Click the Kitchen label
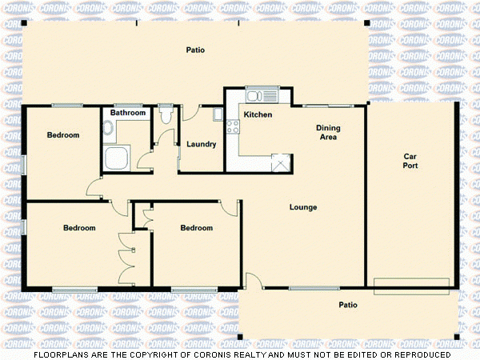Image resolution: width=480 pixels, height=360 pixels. [258, 115]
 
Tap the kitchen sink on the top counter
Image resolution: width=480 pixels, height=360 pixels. [261, 96]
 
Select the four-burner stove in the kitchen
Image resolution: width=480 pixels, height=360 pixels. [233, 126]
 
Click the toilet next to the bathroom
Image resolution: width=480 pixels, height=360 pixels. [166, 116]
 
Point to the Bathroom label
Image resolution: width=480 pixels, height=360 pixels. [128, 113]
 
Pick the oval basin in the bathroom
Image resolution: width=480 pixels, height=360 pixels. [108, 127]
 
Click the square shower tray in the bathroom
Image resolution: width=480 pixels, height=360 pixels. [117, 158]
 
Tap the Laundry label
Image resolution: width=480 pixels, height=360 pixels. [201, 145]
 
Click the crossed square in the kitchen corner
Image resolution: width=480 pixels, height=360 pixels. [280, 162]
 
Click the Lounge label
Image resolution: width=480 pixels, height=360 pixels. [303, 207]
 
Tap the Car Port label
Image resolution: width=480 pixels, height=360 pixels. [410, 160]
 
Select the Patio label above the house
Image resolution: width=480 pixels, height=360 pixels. [195, 50]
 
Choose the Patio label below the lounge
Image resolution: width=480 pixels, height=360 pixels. [347, 305]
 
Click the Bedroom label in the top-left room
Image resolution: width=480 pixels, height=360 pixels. [62, 135]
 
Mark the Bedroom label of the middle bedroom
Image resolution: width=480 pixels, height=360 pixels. [196, 228]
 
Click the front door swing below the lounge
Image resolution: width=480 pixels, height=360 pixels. [252, 280]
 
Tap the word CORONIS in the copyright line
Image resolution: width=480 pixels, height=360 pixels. [226, 354]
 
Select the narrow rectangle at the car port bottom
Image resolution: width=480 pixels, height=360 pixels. [411, 282]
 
